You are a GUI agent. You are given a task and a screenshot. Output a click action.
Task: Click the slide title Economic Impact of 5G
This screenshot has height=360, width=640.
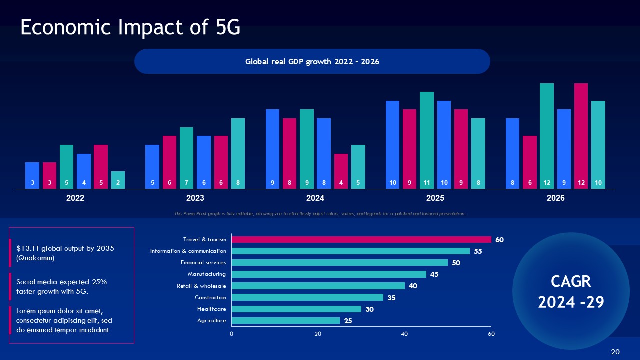coord(130,28)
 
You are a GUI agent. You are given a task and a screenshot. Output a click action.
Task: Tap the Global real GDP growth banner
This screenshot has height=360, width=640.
coord(312,61)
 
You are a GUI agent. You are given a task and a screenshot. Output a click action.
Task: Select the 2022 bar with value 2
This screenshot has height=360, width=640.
coord(118,180)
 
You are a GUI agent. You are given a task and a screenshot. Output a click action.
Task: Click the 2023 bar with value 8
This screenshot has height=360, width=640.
coord(238,153)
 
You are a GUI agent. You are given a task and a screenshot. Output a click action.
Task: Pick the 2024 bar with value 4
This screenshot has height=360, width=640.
coord(341,171)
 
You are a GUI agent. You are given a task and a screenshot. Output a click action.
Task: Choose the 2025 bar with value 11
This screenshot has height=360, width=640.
coord(426,140)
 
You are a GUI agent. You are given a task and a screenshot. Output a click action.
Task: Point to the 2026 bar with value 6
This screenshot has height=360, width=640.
coord(530,162)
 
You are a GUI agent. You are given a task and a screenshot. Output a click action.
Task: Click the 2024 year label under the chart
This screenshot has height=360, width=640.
coord(315,198)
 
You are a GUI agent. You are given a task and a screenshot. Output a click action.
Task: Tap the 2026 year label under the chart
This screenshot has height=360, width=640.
coord(555,198)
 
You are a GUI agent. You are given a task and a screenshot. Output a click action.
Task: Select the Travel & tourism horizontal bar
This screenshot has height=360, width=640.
coord(361,240)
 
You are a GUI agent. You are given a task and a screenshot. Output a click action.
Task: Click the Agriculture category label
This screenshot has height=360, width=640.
coord(211,321)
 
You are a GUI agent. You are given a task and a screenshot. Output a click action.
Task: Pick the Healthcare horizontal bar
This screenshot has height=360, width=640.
coord(296,309)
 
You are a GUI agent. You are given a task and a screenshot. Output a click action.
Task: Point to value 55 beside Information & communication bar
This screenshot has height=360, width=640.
coord(478,251)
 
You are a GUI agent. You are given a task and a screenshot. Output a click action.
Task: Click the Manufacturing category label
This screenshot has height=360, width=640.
coord(206,274)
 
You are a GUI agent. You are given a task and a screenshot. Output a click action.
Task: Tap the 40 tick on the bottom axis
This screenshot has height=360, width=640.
coord(404,333)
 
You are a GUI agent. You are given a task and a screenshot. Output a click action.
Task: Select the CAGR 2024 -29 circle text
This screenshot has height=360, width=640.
coord(571,292)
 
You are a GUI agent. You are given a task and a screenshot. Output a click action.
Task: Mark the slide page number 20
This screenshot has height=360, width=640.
coord(615,352)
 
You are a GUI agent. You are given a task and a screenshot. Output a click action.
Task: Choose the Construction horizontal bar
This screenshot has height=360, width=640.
coord(307,297)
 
